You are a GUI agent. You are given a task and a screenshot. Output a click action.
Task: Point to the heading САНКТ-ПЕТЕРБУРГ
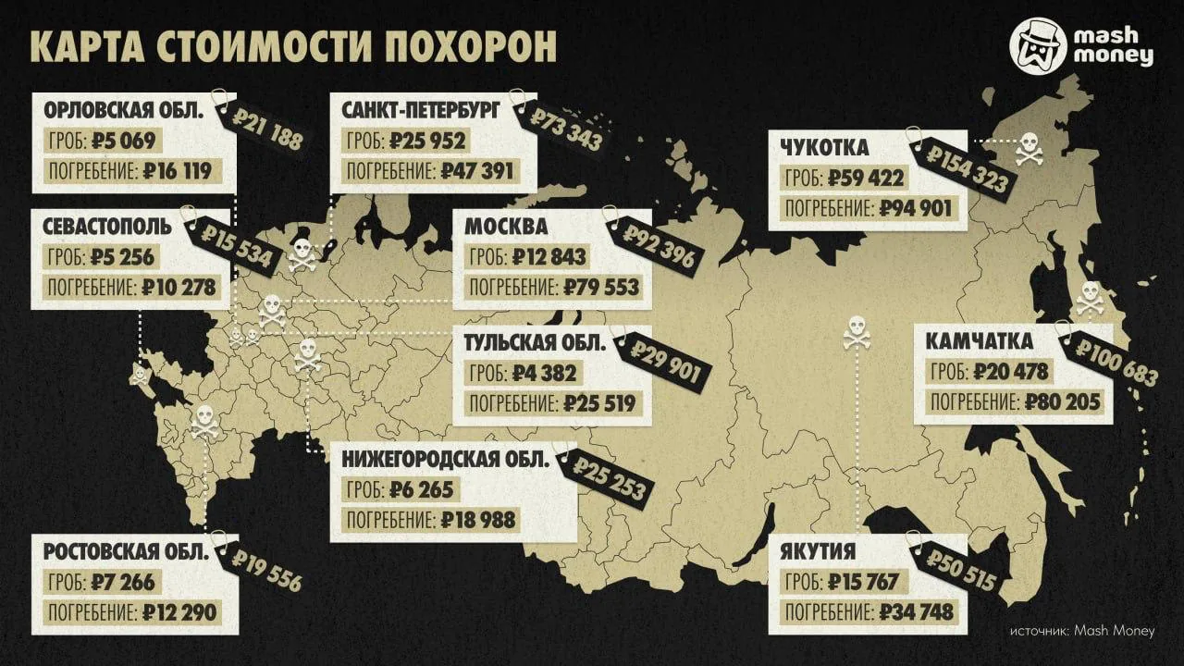coord(421,111)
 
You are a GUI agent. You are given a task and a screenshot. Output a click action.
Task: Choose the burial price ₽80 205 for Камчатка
coord(1064,401)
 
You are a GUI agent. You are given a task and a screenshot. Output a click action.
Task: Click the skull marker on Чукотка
coord(1029,148)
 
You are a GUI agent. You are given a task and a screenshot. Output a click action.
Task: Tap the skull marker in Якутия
coord(857,332)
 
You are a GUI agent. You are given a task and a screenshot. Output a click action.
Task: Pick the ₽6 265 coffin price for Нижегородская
coord(422,489)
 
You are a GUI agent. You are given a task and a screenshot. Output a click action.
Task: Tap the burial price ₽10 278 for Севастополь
coord(179,287)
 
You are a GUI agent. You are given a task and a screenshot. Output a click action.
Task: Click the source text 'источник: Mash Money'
coord(1081,631)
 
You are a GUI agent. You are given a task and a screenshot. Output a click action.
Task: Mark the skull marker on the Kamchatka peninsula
coord(1090,298)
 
